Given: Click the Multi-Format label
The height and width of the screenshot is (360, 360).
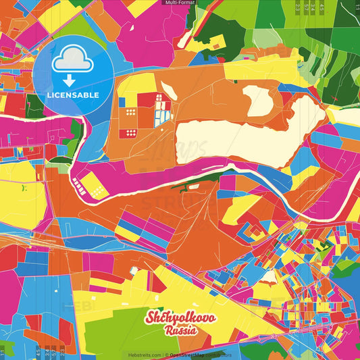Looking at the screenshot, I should coord(180,3).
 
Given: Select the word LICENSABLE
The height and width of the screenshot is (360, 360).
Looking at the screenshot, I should coord(74,95).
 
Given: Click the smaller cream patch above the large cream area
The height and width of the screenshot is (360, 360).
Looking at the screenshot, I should coord(261,101).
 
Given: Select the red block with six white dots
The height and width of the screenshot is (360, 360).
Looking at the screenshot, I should coord(127,132).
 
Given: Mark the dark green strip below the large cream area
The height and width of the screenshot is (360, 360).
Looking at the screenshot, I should coord(203,178).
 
